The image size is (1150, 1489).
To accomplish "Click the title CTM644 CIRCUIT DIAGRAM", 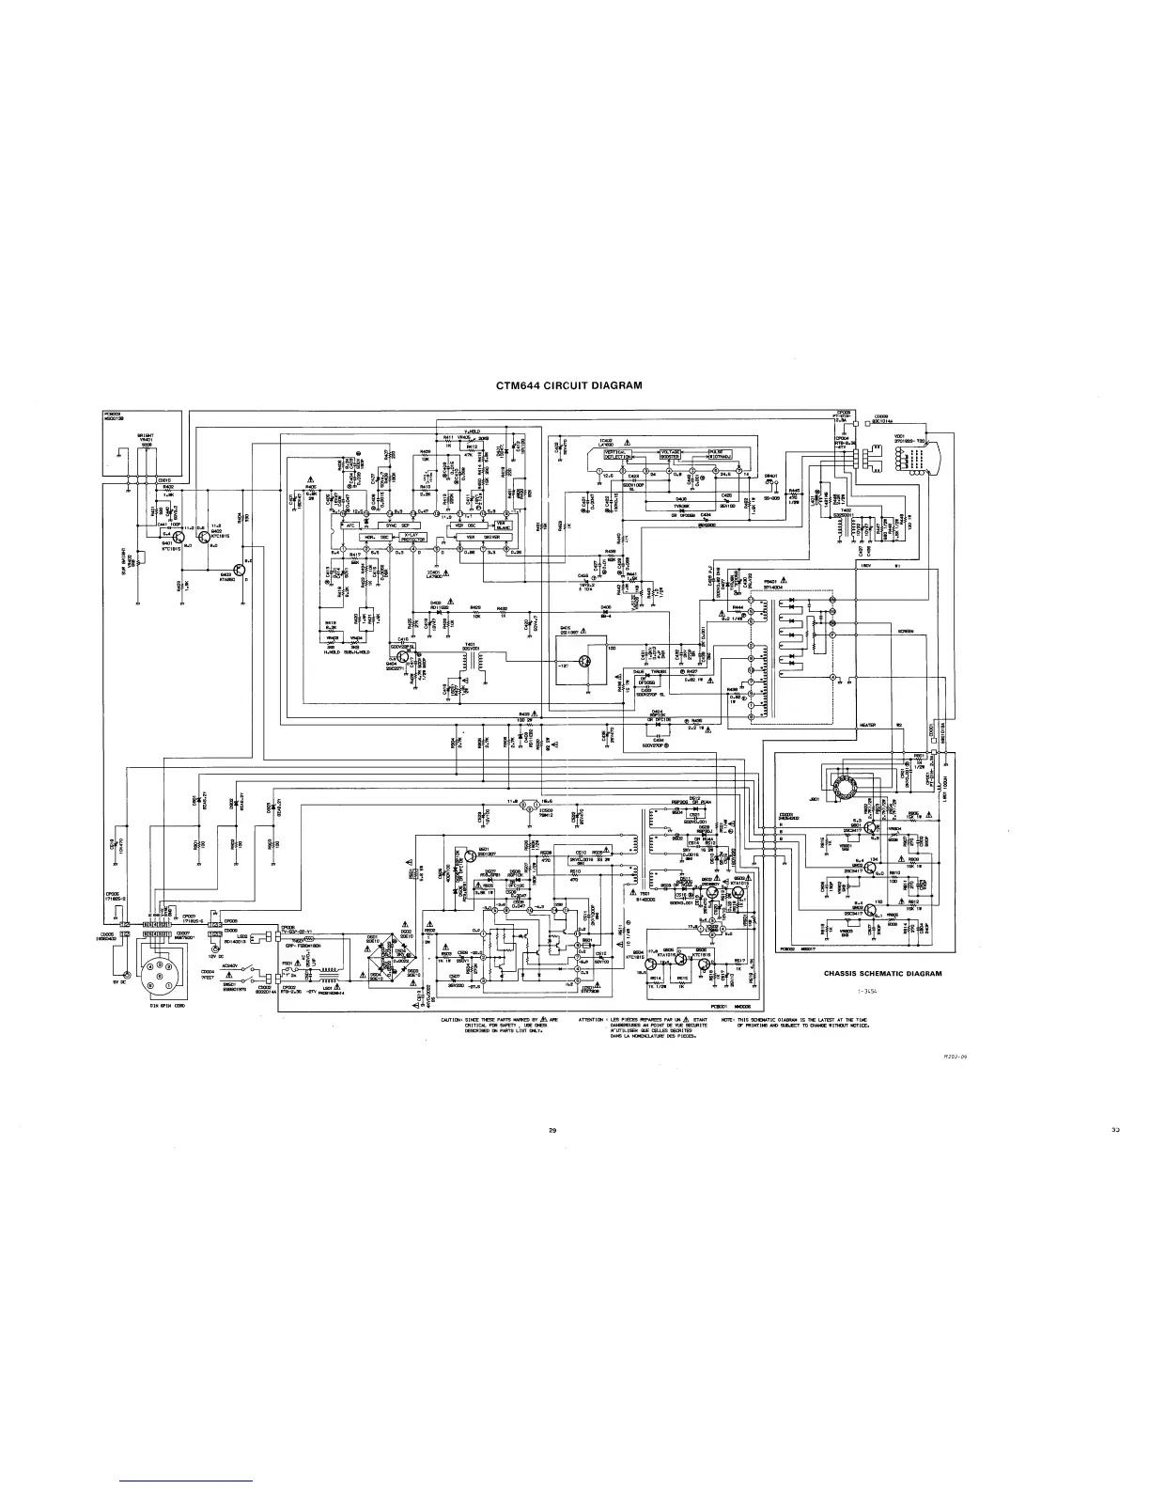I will (x=568, y=384).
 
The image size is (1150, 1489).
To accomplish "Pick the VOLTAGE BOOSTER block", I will (x=675, y=454).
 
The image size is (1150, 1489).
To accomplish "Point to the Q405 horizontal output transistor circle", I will (x=586, y=663).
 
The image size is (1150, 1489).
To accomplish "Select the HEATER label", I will (x=868, y=725).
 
